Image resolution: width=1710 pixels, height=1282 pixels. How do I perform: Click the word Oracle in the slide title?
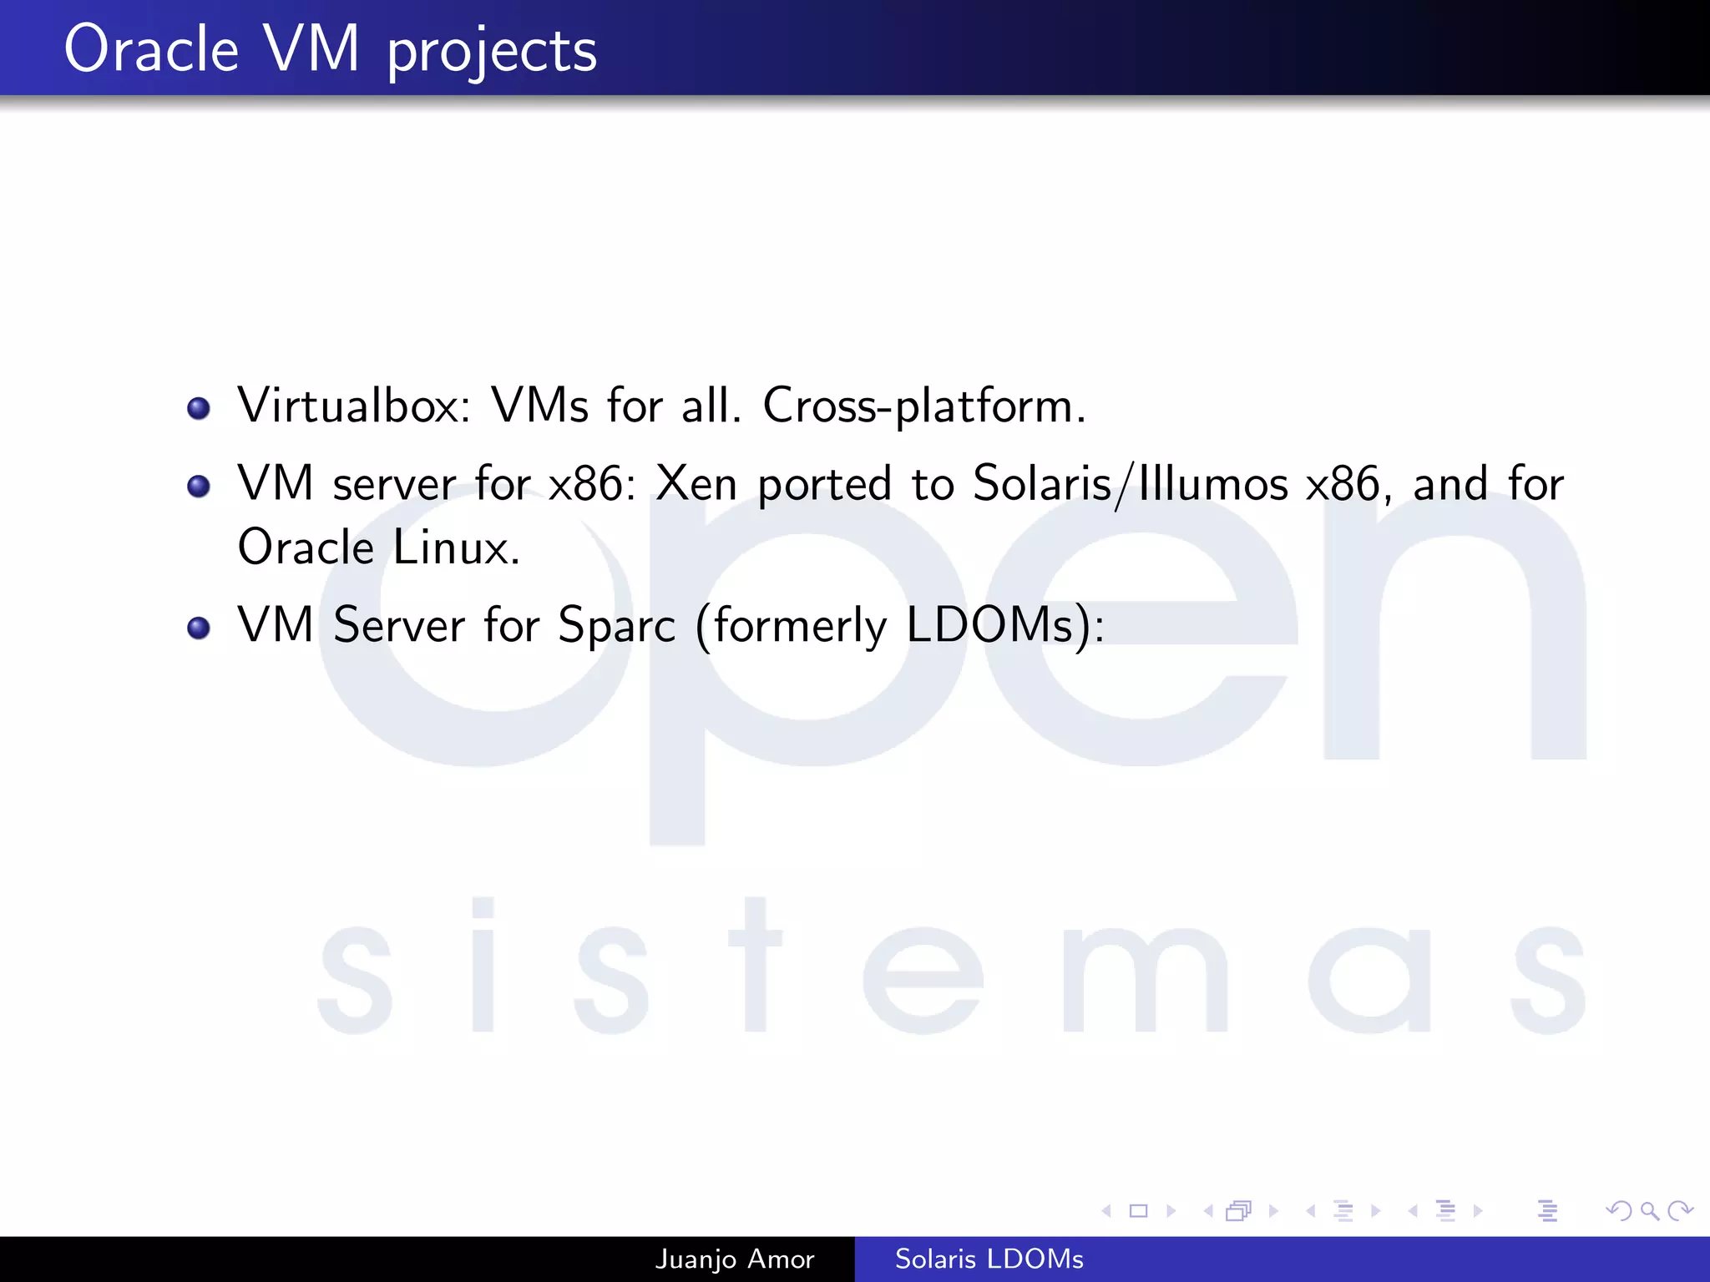coord(151,50)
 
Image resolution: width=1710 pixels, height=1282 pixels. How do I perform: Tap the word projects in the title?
coord(492,52)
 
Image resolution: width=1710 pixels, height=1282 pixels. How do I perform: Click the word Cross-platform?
coord(923,406)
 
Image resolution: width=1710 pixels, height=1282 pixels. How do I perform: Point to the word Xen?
coord(696,483)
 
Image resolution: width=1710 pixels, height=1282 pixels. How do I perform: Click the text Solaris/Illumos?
coord(1131,484)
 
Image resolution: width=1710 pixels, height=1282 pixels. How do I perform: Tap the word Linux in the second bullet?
coord(456,548)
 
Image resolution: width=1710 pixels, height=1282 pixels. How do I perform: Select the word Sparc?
coord(616,625)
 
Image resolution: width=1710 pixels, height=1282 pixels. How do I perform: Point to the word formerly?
coord(799,625)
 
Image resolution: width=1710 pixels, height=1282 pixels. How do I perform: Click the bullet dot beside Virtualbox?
coord(199,408)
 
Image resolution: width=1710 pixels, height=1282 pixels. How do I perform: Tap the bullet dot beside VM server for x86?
coord(199,486)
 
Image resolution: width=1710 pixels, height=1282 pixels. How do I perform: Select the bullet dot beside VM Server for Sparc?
coord(199,628)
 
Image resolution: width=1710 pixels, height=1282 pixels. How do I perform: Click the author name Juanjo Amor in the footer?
coord(734,1259)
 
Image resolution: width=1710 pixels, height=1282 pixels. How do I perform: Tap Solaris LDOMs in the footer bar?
coord(989,1259)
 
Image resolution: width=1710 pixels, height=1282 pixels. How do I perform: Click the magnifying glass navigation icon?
coord(1649,1210)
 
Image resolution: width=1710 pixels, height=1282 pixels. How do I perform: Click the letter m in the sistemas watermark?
coord(1146,981)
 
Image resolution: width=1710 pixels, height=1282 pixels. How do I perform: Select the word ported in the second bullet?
coord(824,485)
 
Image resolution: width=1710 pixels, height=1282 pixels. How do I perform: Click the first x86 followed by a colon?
coord(589,484)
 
